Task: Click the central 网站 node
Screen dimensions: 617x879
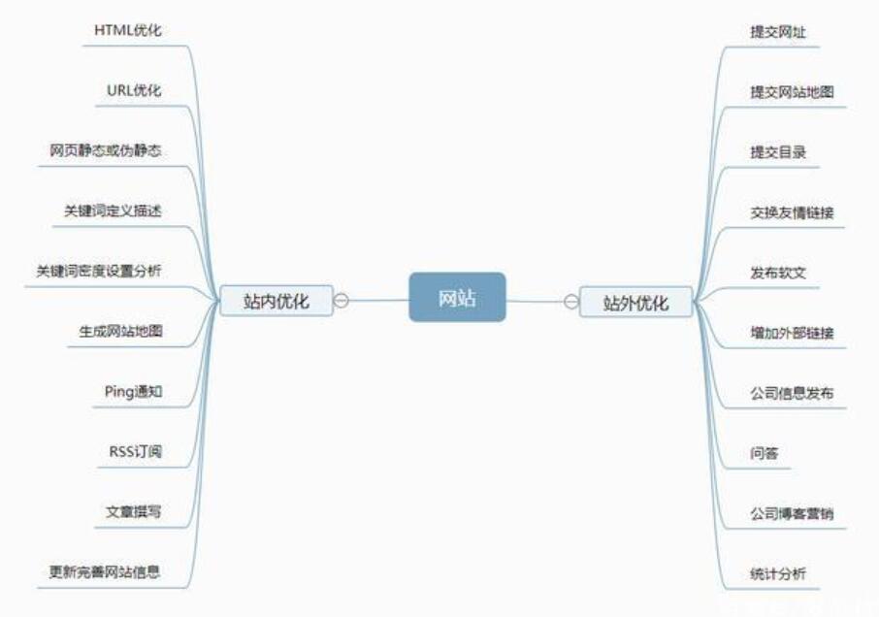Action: tap(457, 297)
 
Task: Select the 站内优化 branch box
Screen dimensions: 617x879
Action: tap(277, 301)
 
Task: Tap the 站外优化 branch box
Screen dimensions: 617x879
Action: tap(636, 302)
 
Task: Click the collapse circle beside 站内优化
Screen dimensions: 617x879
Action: tap(342, 301)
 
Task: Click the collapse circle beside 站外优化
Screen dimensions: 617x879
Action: tap(570, 301)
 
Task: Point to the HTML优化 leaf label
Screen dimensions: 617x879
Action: tap(128, 30)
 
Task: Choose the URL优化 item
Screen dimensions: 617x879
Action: tap(134, 90)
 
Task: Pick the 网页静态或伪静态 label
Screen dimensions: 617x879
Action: tap(106, 150)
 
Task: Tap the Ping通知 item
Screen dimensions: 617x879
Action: tap(133, 391)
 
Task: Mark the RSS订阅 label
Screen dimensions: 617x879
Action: tap(135, 451)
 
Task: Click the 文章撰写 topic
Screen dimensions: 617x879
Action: tap(134, 511)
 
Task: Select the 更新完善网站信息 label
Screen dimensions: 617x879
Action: tap(105, 571)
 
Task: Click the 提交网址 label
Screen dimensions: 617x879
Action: tap(778, 32)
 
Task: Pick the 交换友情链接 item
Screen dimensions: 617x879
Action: tap(792, 212)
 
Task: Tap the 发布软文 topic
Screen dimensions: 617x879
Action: tap(778, 273)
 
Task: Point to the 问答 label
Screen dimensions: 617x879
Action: tap(765, 453)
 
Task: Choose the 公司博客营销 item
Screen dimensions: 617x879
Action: tap(792, 513)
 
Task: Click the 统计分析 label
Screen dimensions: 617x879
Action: tap(778, 573)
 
